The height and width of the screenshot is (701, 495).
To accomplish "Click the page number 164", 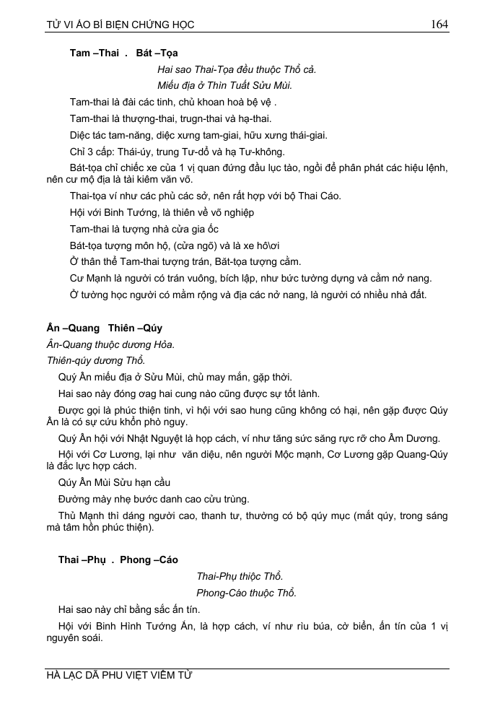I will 439,24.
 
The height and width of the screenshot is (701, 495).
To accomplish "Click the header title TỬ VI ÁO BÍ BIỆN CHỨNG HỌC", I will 120,25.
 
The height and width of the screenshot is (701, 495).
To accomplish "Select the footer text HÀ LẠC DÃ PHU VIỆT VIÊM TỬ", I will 119,676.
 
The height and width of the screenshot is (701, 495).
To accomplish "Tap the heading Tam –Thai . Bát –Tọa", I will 123,53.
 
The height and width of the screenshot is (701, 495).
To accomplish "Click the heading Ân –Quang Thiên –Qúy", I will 104,328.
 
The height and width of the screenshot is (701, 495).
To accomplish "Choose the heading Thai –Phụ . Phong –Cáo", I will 118,560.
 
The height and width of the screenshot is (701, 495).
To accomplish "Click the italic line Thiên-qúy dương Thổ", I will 95,360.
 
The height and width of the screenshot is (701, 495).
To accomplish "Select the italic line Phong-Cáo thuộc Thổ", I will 246,593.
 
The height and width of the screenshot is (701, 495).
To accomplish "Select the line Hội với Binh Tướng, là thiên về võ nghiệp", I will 162,212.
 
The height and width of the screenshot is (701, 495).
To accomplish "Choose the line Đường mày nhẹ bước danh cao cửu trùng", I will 154,499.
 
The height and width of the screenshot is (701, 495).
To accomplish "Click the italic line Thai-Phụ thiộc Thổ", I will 240,576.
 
